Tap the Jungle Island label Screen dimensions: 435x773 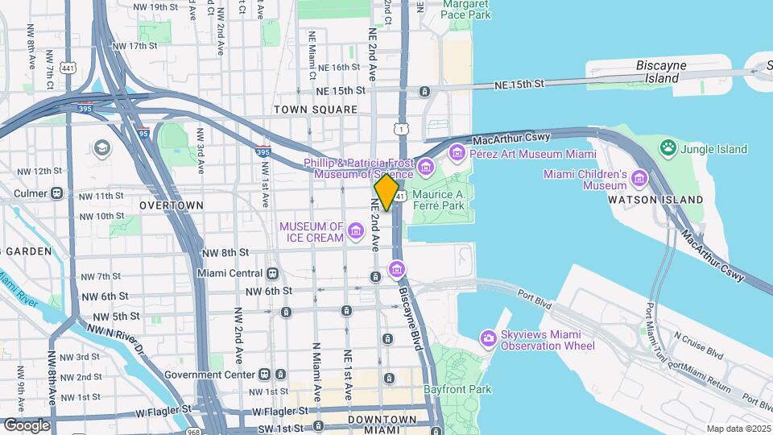(713, 149)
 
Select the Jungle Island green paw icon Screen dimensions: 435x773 (667, 148)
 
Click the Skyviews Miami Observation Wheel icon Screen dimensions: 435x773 (487, 338)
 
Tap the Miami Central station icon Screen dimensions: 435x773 (273, 274)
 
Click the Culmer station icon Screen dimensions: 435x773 (56, 193)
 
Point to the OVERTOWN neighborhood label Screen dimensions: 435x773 (172, 205)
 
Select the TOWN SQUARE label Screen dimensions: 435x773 (315, 110)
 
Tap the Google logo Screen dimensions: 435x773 (26, 425)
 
